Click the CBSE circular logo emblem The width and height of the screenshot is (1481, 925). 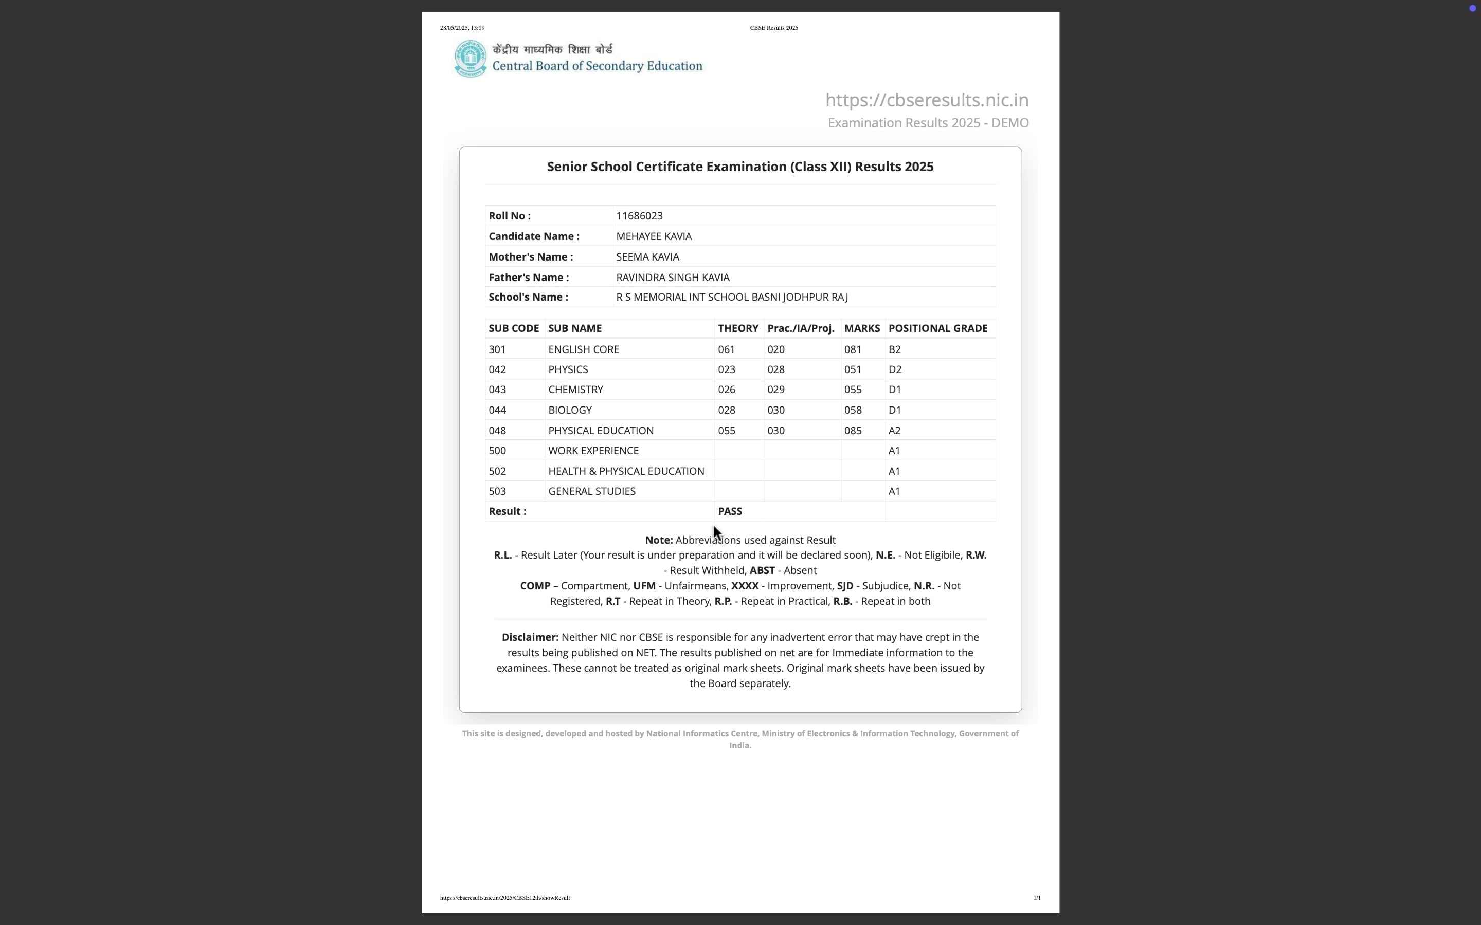470,59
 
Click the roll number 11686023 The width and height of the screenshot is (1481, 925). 639,216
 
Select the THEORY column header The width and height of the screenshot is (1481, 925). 737,328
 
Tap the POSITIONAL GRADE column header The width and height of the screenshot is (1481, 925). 937,328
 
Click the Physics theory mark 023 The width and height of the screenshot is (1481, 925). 727,369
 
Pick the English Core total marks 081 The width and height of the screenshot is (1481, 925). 853,349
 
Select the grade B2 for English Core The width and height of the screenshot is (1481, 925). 894,349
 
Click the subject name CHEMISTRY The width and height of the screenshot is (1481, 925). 575,390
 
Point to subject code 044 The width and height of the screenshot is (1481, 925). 497,410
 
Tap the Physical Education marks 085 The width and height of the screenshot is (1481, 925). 853,431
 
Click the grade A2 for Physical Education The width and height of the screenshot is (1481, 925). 894,431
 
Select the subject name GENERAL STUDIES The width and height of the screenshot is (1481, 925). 591,491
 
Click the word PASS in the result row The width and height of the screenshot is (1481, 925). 730,511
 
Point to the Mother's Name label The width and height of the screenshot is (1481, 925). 531,257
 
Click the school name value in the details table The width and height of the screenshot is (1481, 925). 731,298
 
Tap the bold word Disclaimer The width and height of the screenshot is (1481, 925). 529,637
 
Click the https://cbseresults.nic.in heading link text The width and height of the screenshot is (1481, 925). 927,100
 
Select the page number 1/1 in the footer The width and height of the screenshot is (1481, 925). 1037,898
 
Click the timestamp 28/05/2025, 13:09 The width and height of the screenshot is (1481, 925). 462,28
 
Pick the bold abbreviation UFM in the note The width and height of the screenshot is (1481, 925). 644,586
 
